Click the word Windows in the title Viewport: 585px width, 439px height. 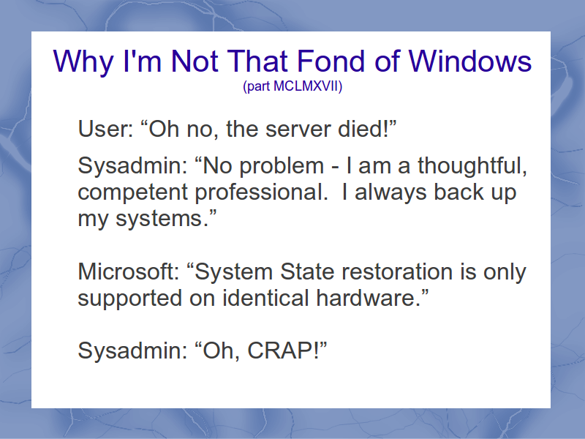pos(470,61)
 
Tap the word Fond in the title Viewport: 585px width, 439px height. pos(331,61)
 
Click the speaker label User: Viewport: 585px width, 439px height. pos(105,129)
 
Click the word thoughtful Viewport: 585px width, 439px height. pos(472,165)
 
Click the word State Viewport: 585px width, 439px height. pos(307,271)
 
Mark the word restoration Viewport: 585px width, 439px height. pos(396,271)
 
